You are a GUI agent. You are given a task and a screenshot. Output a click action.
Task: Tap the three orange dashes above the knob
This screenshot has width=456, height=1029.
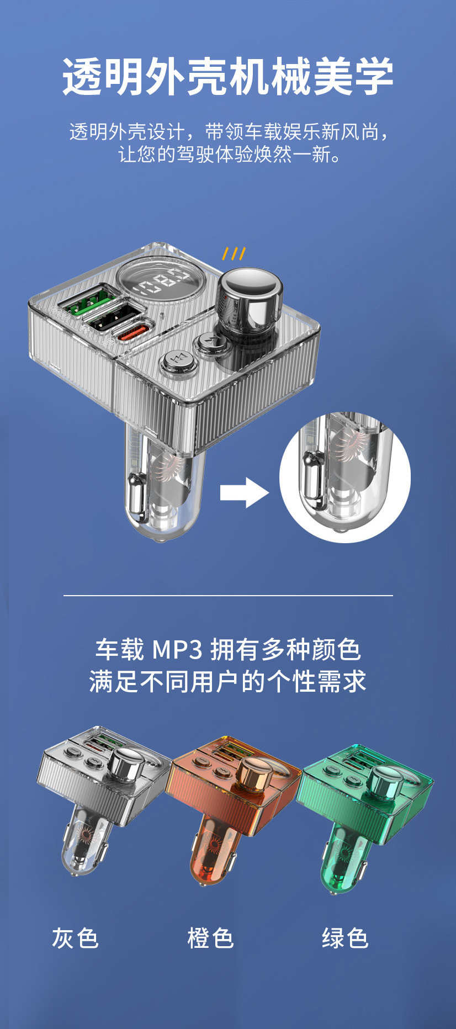coord(234,254)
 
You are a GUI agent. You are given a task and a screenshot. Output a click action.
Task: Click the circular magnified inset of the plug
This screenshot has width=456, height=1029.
coord(344,477)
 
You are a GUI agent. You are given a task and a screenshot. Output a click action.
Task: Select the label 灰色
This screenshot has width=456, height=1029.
coord(75,938)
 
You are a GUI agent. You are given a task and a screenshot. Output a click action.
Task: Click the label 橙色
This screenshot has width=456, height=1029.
coord(210,938)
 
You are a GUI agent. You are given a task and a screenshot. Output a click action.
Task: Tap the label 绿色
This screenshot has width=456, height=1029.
coord(345,938)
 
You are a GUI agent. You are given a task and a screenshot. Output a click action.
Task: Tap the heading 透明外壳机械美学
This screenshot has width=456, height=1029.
coord(227,76)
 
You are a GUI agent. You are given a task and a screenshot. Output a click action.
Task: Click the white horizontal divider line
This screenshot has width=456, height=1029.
coord(227,596)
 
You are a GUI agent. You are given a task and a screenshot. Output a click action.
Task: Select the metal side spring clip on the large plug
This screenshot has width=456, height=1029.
coord(137,497)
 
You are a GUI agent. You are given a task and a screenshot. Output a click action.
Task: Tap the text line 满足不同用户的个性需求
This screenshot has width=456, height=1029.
coord(227,681)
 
